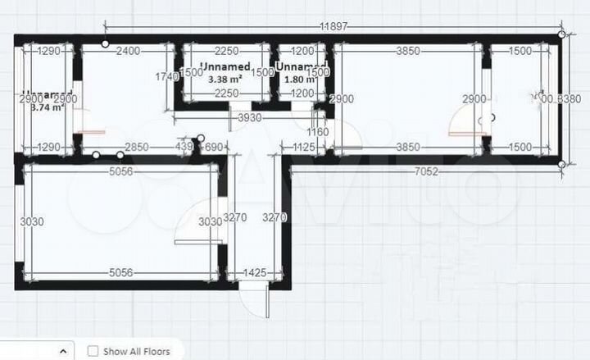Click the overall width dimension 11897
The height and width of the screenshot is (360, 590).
334,26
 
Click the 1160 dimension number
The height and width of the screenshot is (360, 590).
317,132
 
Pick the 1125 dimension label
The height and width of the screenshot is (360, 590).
304,148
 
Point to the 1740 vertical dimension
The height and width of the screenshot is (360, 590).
167,77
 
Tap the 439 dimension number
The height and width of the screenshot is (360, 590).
186,148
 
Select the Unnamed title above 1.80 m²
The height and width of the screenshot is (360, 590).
302,66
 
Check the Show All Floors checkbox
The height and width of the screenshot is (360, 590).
93,352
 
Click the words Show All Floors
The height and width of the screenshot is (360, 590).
137,352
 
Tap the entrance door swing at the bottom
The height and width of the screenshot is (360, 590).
256,305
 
